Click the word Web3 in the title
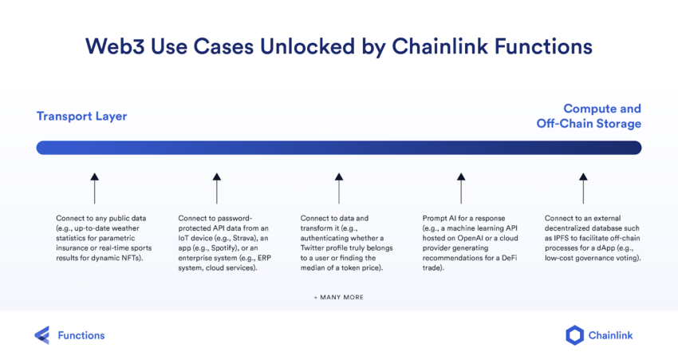[x=115, y=46]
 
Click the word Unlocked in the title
[x=307, y=46]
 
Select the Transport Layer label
[x=81, y=117]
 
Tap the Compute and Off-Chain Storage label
[x=589, y=116]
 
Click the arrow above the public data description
[x=95, y=188]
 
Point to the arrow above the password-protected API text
[x=217, y=188]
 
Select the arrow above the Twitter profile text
[x=339, y=188]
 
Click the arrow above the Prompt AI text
[x=461, y=188]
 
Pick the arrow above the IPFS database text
[x=583, y=188]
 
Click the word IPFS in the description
[x=562, y=238]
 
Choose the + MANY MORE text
[x=339, y=297]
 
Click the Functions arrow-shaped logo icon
[x=42, y=335]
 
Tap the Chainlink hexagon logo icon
[x=574, y=335]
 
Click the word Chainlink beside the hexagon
[x=610, y=335]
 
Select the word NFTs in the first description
[x=132, y=258]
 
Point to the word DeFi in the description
[x=510, y=258]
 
